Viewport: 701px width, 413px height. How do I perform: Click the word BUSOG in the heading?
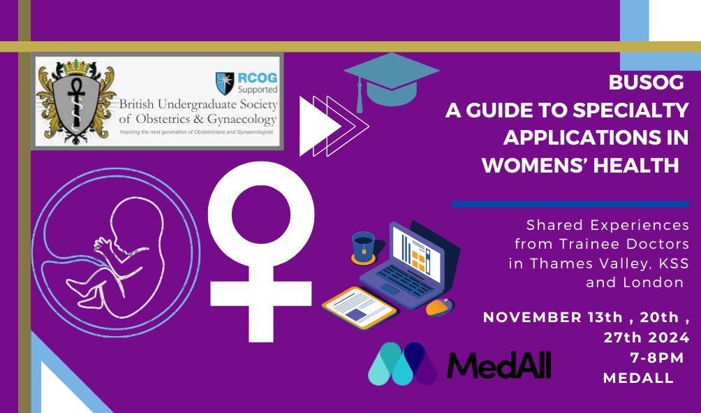point(647,82)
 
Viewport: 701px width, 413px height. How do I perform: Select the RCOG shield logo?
point(225,83)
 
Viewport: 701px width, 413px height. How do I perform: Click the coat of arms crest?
point(76,101)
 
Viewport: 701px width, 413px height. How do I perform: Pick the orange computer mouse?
point(439,307)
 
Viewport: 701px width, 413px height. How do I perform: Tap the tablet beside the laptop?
point(359,307)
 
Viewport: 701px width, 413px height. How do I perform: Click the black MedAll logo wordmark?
point(499,365)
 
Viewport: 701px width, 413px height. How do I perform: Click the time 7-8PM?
point(657,358)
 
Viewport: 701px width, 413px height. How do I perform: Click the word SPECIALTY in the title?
point(630,110)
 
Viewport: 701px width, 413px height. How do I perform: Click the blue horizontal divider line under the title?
point(570,204)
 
